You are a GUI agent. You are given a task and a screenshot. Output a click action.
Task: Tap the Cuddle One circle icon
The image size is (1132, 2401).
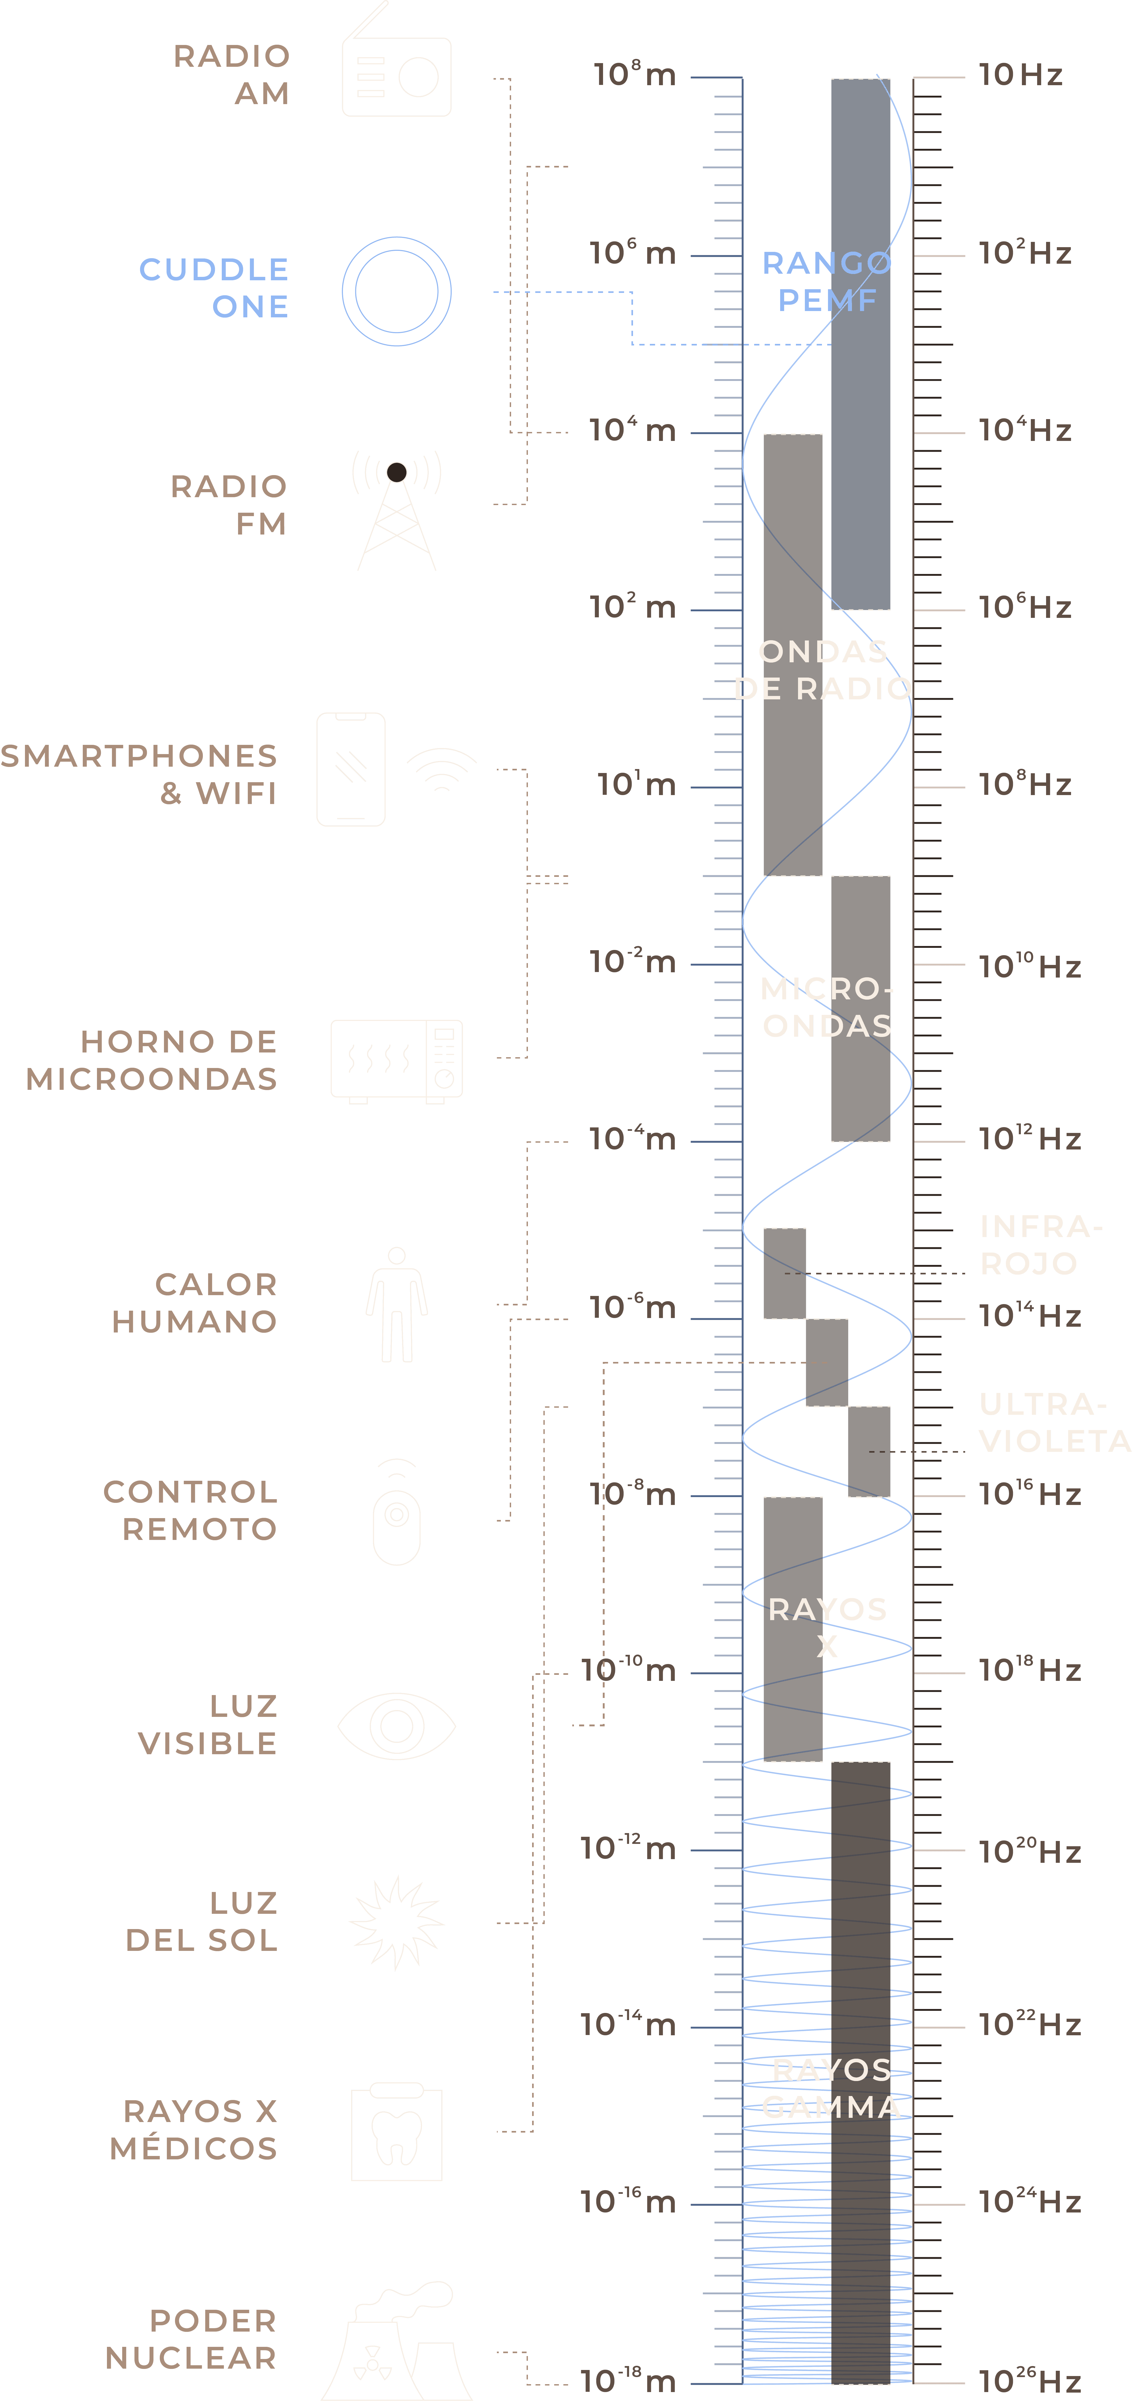tap(397, 291)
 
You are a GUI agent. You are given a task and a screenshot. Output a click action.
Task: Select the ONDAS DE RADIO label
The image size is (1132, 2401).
tap(823, 670)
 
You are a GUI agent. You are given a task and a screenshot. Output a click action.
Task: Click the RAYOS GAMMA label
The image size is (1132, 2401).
tap(831, 2089)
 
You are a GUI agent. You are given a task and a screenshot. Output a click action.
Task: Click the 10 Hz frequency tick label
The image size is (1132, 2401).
tap(1020, 75)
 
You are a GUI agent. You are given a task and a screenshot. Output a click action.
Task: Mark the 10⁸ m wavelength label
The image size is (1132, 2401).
tap(635, 75)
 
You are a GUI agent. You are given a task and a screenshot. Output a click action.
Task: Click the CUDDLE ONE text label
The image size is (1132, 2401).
tap(214, 288)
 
